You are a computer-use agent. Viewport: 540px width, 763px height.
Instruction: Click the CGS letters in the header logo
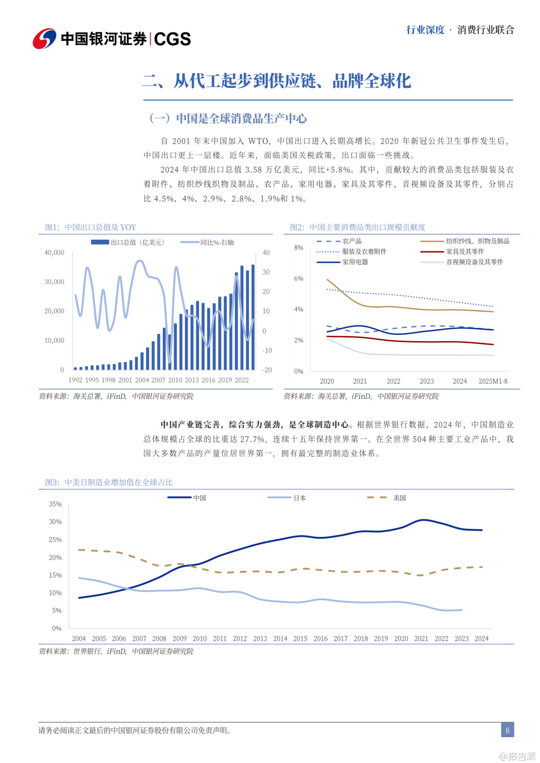click(x=172, y=39)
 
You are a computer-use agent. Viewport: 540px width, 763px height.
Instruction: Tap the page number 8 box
click(x=507, y=730)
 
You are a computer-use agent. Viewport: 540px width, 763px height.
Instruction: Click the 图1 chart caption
click(x=91, y=227)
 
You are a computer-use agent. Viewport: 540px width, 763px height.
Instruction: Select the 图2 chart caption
click(x=357, y=227)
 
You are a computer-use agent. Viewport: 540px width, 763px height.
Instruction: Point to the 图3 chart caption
click(x=108, y=482)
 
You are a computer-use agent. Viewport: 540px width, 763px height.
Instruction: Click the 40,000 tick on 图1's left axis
click(x=54, y=253)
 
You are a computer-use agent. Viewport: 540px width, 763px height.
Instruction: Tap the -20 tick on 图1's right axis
click(x=267, y=370)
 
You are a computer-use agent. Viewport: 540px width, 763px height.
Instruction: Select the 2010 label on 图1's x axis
click(x=175, y=380)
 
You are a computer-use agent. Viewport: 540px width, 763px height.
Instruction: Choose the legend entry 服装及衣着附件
click(x=364, y=252)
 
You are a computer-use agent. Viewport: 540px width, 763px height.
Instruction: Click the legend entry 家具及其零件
click(x=465, y=252)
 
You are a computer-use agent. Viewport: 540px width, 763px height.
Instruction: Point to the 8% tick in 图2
click(x=299, y=248)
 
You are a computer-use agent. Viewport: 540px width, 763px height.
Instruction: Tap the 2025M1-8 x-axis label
click(x=493, y=381)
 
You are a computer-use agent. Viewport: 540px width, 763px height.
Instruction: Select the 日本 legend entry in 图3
click(x=300, y=498)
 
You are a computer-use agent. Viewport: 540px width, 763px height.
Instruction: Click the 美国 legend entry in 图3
click(x=400, y=498)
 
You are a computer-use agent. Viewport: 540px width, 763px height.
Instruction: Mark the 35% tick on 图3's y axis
click(x=55, y=504)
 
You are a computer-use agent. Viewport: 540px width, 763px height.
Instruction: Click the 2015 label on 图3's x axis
click(x=300, y=638)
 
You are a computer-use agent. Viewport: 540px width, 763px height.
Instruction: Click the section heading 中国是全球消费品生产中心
click(x=241, y=119)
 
